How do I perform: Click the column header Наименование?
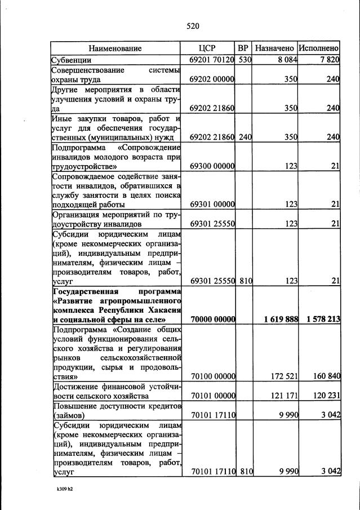115,48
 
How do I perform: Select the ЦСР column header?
208,48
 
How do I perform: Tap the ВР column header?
243,48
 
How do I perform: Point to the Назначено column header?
274,48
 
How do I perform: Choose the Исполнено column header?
319,48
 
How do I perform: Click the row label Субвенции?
72,60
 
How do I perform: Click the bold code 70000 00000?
212,319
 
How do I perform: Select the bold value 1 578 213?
323,319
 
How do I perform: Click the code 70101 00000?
212,396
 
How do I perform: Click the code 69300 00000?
212,167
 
